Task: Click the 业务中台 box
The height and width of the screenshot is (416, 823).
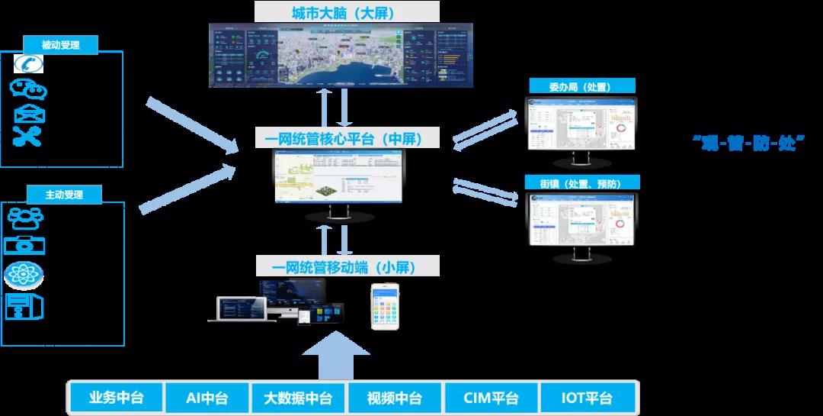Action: pyautogui.click(x=116, y=398)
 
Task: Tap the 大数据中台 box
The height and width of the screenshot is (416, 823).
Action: pyautogui.click(x=298, y=398)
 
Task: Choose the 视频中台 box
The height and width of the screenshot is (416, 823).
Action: pyautogui.click(x=394, y=398)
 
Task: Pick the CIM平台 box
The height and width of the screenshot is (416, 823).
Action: pyautogui.click(x=490, y=398)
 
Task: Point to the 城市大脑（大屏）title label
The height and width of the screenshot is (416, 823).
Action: pyautogui.click(x=348, y=13)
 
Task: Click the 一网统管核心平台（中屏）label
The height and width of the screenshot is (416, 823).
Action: pyautogui.click(x=348, y=139)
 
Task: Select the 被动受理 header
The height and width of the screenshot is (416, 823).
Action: pyautogui.click(x=62, y=45)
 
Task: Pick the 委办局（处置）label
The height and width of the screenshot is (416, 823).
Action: pyautogui.click(x=581, y=86)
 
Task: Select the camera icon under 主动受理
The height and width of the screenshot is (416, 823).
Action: pyautogui.click(x=24, y=246)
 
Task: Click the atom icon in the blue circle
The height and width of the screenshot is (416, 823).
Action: pyautogui.click(x=24, y=276)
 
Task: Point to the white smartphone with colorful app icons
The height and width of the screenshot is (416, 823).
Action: pyautogui.click(x=385, y=306)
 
